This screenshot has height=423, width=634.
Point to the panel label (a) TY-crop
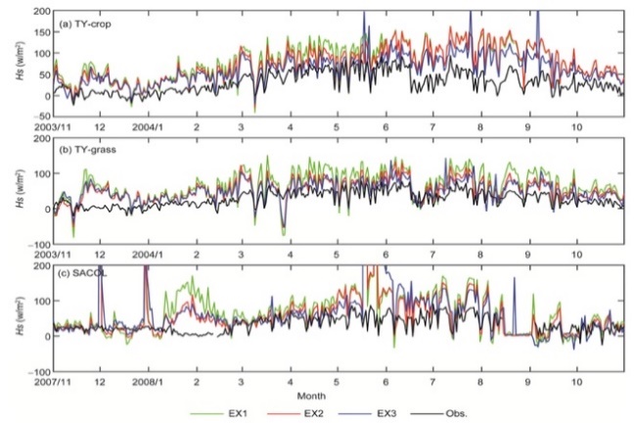coord(85,20)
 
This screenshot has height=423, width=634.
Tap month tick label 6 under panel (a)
coord(386,126)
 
